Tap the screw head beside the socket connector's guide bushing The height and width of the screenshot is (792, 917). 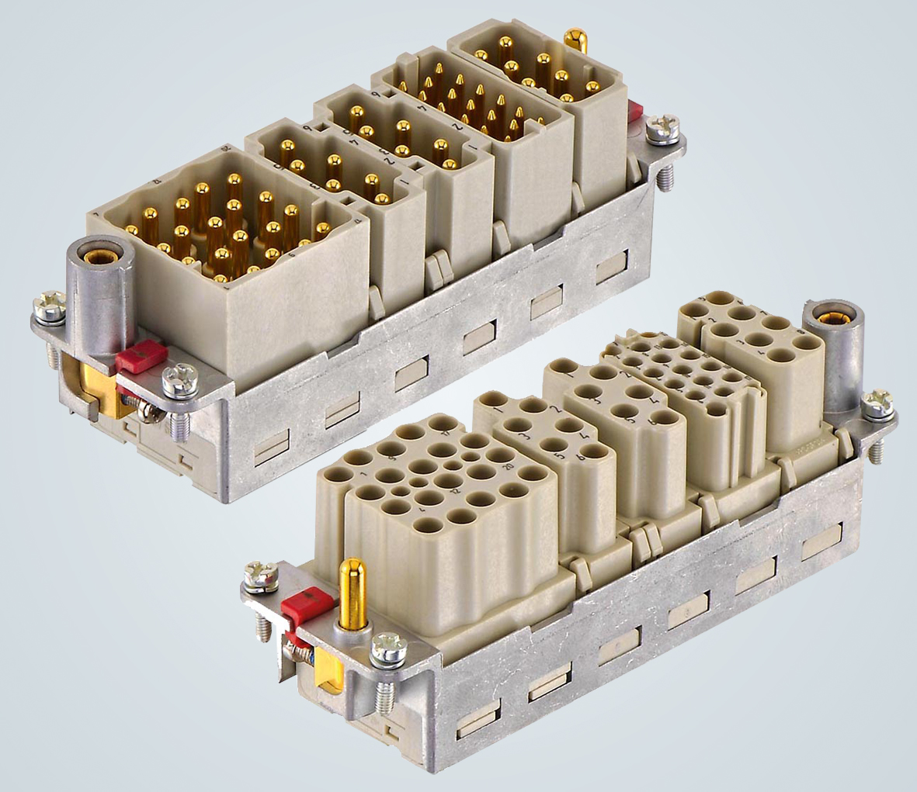click(x=877, y=403)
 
